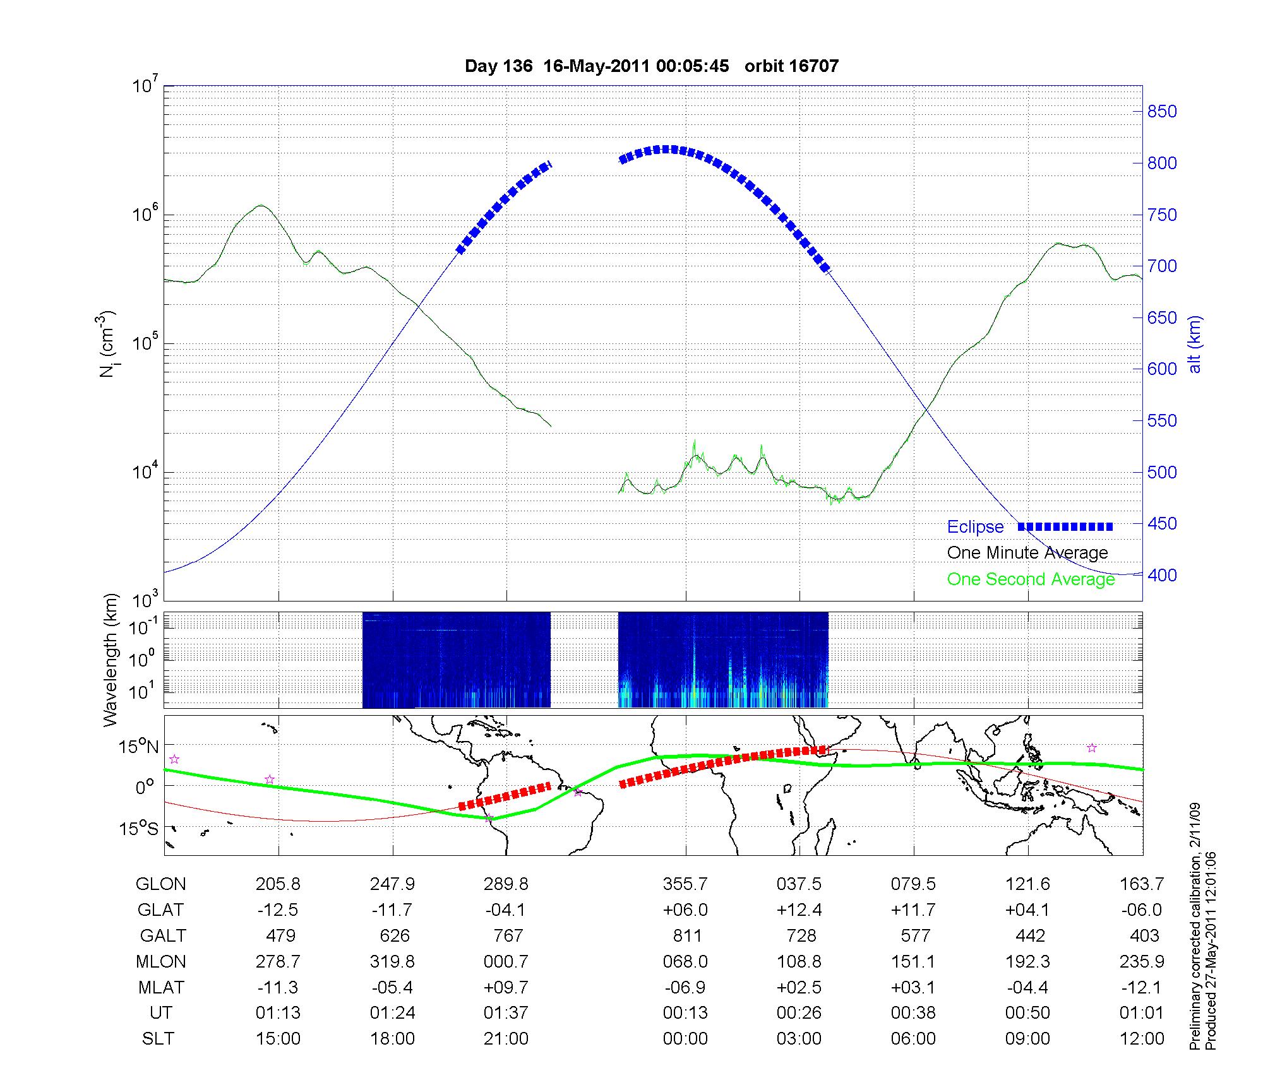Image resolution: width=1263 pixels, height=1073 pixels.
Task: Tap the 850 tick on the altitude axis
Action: (x=1162, y=112)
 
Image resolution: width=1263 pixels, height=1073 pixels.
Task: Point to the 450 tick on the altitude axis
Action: (x=1162, y=524)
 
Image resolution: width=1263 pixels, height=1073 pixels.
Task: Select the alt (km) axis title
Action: (x=1195, y=344)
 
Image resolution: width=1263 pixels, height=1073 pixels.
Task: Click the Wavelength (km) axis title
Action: (x=110, y=660)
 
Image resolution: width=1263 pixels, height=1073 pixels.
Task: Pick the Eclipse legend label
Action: (x=975, y=527)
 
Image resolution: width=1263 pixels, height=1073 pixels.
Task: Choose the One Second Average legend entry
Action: (x=1031, y=579)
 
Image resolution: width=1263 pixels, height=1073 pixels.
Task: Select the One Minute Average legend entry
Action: (x=1027, y=553)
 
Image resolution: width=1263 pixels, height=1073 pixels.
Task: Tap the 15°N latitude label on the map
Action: (x=139, y=747)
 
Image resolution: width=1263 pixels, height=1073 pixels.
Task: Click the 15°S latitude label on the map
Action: (x=139, y=828)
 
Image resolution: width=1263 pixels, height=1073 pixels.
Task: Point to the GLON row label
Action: (x=160, y=884)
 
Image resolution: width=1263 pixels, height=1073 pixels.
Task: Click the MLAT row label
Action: (x=160, y=987)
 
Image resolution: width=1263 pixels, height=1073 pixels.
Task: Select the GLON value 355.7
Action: (x=685, y=884)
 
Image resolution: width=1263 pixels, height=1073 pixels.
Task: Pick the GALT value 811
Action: (x=686, y=935)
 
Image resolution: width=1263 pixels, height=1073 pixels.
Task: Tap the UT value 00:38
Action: (x=913, y=1013)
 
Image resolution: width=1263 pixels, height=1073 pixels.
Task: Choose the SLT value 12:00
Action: (x=1142, y=1039)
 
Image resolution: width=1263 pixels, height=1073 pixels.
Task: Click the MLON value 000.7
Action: (x=506, y=962)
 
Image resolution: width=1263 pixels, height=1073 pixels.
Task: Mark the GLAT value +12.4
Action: (x=799, y=910)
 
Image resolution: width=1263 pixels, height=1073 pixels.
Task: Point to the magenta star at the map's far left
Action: (x=174, y=759)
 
